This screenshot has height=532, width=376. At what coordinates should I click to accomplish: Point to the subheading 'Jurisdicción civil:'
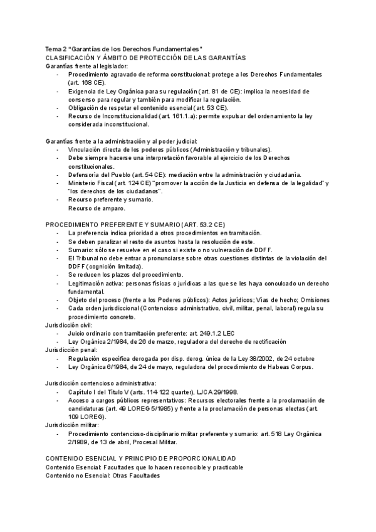click(69, 326)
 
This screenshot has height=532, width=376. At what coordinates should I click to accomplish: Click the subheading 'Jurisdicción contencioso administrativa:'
click(100, 383)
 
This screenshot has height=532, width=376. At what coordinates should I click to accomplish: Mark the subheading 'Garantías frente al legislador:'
click(86, 66)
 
